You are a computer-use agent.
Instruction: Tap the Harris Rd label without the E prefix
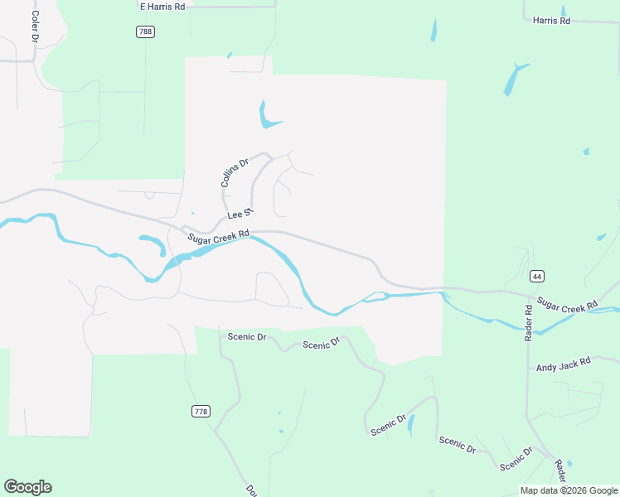click(551, 20)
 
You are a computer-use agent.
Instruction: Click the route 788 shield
click(145, 31)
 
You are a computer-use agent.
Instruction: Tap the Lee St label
click(239, 216)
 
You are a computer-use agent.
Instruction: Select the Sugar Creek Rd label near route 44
click(567, 305)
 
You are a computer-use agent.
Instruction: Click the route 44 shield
click(537, 276)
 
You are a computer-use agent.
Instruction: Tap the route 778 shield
click(200, 412)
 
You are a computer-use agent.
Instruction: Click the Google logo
click(27, 487)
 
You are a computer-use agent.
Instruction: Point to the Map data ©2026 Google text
click(568, 490)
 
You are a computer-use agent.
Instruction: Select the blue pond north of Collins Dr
click(267, 117)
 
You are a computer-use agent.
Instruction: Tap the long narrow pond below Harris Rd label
click(512, 80)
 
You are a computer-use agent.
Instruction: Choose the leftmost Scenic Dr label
click(247, 337)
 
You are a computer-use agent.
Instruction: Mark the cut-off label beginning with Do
click(249, 490)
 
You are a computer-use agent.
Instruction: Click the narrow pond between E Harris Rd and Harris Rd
click(433, 31)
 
